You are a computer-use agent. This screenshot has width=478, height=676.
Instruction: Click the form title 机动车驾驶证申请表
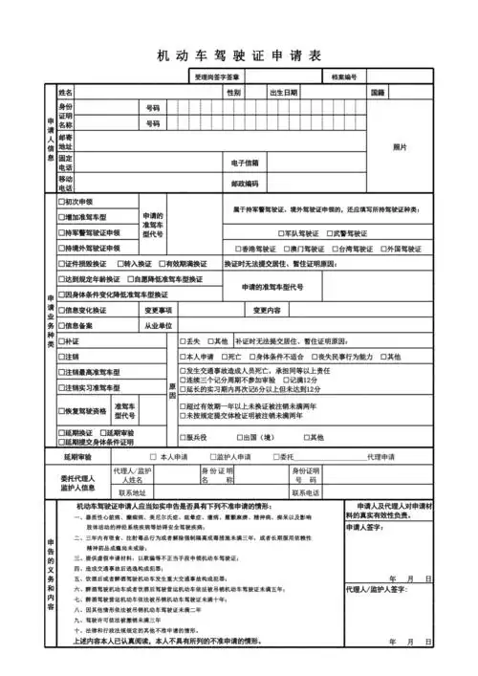click(x=238, y=55)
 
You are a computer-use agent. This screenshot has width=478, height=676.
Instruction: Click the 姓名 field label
click(x=66, y=93)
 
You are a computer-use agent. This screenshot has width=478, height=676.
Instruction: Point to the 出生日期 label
click(x=283, y=93)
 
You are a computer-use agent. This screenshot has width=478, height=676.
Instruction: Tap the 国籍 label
click(x=377, y=93)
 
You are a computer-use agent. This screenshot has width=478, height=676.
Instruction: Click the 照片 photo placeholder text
click(x=401, y=147)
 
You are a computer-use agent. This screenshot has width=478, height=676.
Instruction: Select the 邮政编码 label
click(x=245, y=183)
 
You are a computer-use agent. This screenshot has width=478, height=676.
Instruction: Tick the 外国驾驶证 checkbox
click(x=383, y=248)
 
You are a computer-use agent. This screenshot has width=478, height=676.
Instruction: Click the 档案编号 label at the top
click(x=344, y=76)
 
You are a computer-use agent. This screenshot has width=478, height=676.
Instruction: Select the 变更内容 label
click(x=267, y=310)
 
